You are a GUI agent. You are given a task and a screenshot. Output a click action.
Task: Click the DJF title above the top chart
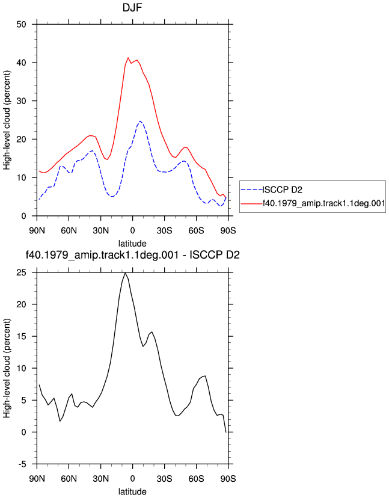(x=132, y=8)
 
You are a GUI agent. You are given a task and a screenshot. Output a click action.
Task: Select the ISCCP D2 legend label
(x=283, y=190)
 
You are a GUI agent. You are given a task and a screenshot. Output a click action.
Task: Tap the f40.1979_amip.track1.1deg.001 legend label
(x=323, y=203)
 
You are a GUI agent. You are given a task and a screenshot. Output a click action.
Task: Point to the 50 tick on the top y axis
(x=21, y=25)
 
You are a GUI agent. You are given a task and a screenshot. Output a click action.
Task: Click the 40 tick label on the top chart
(x=21, y=63)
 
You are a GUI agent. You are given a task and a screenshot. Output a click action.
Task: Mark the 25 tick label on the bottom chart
(x=21, y=273)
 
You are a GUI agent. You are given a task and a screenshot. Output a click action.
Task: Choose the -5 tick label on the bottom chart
(x=22, y=464)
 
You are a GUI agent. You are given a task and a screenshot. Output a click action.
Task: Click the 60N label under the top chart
(x=69, y=230)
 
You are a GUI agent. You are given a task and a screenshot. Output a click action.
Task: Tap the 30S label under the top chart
(x=165, y=230)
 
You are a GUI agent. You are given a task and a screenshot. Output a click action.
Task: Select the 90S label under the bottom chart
(x=228, y=478)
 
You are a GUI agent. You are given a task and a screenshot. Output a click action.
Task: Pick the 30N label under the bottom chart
(x=100, y=478)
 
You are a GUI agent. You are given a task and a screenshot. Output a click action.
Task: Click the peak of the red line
(x=128, y=58)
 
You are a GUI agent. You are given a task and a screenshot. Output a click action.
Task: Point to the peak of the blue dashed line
(x=140, y=121)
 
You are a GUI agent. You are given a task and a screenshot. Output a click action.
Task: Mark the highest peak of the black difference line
(x=125, y=273)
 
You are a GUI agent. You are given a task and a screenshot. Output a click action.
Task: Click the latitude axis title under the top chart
(x=132, y=244)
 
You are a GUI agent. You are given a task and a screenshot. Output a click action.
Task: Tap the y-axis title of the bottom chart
(x=7, y=369)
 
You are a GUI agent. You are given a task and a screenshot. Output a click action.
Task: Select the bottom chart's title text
(x=132, y=255)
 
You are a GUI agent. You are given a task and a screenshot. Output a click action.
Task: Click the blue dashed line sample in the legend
(x=251, y=190)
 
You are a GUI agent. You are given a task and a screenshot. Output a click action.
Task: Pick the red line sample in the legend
(x=251, y=203)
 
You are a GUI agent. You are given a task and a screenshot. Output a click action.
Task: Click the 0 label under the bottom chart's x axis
(x=132, y=478)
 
